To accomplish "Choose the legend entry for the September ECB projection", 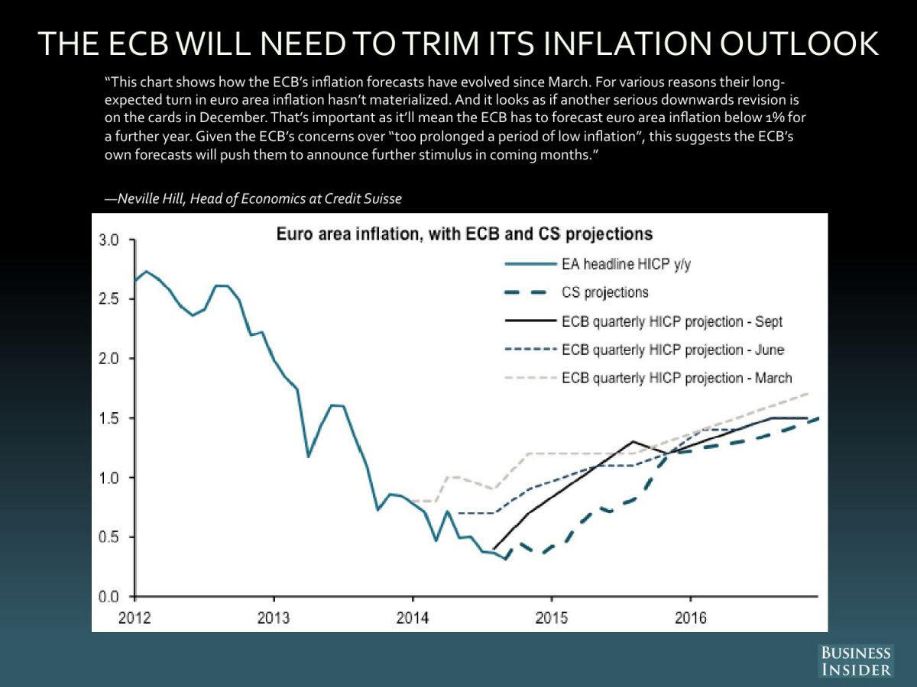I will click(x=672, y=321).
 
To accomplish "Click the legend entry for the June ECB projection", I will click(x=672, y=350).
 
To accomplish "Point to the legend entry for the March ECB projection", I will click(x=676, y=378).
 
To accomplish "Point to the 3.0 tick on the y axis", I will click(x=109, y=240).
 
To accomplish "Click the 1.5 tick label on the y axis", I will click(x=109, y=418).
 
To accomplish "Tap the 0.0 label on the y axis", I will click(x=109, y=596).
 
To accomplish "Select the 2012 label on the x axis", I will click(x=134, y=617).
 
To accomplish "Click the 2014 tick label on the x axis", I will click(x=413, y=617).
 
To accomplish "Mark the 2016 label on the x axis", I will click(x=691, y=617).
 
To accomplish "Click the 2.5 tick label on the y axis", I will click(x=109, y=299).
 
